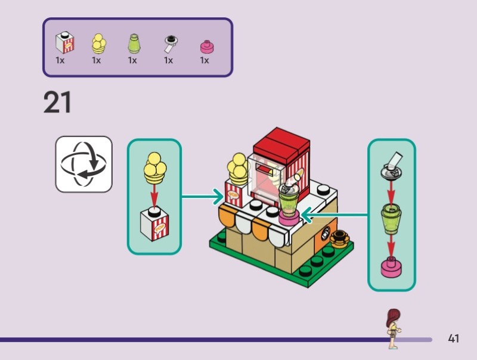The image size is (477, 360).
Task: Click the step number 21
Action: [x=57, y=103]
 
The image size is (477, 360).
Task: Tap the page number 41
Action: [x=453, y=339]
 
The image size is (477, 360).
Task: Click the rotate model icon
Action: [x=84, y=165]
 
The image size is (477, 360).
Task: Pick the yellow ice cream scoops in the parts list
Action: [x=97, y=44]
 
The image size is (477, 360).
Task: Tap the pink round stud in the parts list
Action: [x=206, y=46]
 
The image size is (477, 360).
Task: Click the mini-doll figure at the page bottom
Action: [x=392, y=328]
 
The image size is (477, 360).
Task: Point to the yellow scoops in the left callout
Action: [x=154, y=166]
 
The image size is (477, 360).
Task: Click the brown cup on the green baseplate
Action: [x=339, y=238]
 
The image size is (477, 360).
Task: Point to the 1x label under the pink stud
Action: [x=205, y=60]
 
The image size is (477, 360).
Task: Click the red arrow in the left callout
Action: [x=154, y=194]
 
